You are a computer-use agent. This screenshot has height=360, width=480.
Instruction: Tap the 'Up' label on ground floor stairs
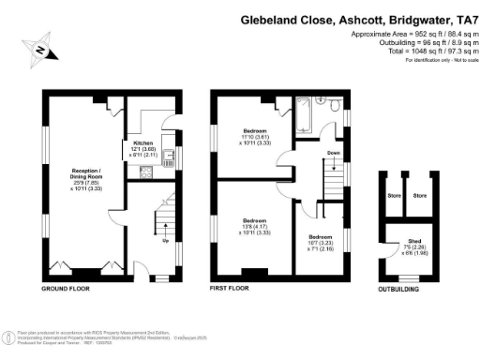coord(167,240)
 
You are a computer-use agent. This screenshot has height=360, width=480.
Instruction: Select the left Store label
coord(394,196)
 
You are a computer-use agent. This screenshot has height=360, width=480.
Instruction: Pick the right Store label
coord(420,196)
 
